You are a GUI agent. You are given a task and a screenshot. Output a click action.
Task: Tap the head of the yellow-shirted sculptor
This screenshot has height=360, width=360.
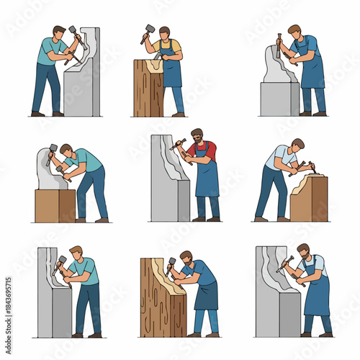pyautogui.click(x=165, y=32)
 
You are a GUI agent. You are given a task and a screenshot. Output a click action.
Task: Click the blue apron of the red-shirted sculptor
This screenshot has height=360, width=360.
pyautogui.click(x=207, y=176)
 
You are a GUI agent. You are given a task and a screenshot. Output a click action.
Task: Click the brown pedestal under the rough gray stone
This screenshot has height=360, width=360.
pyautogui.click(x=55, y=205)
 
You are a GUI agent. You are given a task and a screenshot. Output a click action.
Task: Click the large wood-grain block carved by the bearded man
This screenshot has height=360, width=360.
pyautogui.click(x=162, y=302)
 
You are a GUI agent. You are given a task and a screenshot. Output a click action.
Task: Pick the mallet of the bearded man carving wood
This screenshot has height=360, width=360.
pyautogui.click(x=171, y=262)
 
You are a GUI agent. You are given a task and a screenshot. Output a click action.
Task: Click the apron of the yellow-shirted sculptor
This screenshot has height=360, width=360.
pyautogui.click(x=171, y=68)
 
